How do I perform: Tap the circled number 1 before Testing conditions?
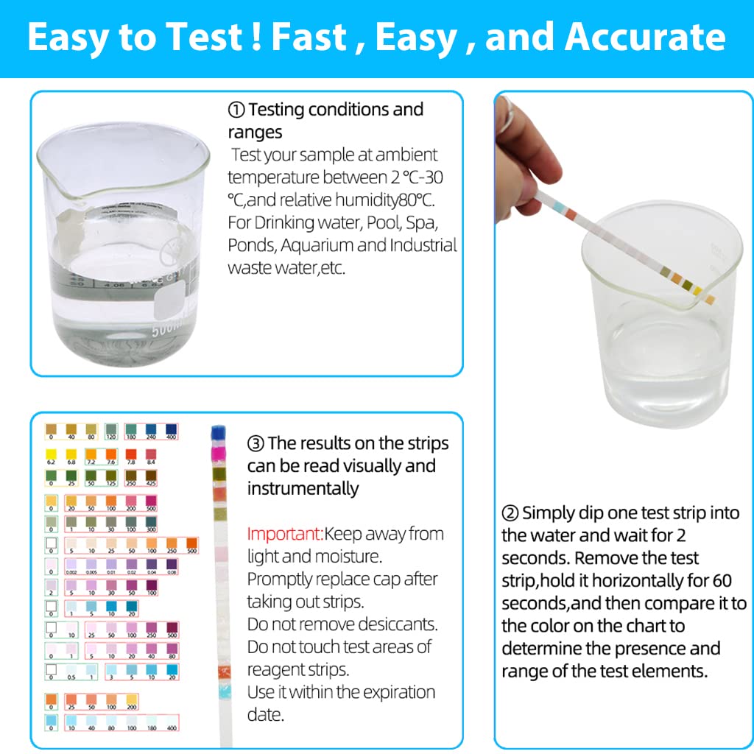click(236, 110)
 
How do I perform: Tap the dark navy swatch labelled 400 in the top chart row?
click(172, 429)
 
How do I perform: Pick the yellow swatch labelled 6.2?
click(51, 454)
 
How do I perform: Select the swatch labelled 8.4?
click(151, 454)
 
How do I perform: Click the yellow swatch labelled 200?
click(131, 699)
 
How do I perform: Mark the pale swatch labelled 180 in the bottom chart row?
click(151, 720)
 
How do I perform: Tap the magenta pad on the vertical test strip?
click(218, 457)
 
